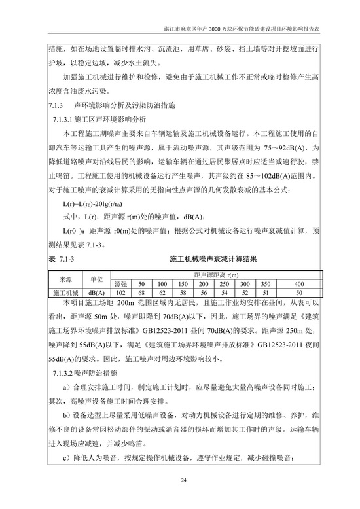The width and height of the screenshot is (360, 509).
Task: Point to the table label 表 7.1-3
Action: [62, 260]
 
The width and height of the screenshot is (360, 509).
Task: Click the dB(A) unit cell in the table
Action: [97, 292]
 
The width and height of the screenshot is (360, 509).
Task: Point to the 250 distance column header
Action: [224, 284]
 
